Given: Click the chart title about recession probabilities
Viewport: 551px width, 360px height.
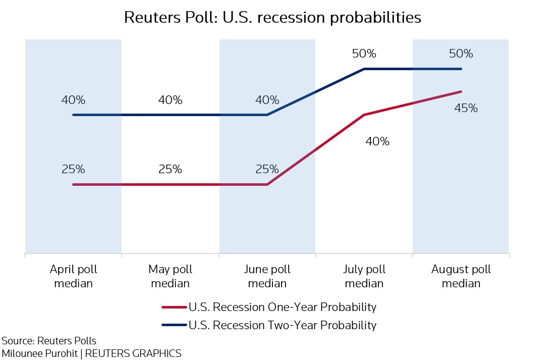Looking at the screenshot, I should pos(272,18).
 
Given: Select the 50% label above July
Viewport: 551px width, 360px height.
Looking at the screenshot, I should pos(364,54).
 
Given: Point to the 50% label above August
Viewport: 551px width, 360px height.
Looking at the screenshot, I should pos(461,54).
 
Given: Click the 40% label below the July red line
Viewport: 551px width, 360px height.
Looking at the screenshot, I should pos(377,141).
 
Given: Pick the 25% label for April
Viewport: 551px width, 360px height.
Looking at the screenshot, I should pos(73,169).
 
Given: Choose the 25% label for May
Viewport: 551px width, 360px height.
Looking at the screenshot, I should pos(170,169).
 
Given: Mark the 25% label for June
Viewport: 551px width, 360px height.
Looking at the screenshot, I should pos(267,169).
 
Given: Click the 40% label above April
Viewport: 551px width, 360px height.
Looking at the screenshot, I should pos(73,100).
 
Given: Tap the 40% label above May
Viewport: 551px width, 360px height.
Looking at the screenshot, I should pos(170,100).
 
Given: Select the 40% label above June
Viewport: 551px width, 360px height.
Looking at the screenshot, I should pos(267,100).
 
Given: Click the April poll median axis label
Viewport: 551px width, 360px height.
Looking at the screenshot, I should pos(74,276).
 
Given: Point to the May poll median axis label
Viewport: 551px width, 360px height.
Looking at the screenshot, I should pos(171,276).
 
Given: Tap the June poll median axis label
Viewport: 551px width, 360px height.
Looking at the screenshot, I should pos(267,276).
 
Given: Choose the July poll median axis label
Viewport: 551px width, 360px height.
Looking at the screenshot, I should pos(364,276).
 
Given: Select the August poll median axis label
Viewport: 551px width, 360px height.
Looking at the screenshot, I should pos(461,276).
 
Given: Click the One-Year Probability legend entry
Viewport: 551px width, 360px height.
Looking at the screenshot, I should pos(282,306).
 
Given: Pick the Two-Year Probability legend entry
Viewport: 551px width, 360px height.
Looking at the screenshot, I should pos(282,325).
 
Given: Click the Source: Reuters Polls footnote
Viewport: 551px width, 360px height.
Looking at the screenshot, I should pos(49,340).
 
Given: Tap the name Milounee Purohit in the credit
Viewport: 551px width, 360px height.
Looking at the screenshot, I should pos(39,353).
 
